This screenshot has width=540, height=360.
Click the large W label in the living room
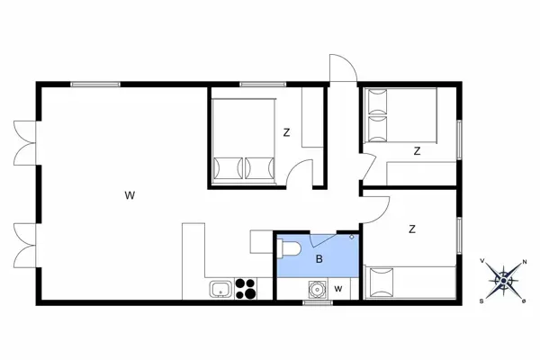coord(130,194)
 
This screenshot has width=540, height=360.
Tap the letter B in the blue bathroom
coord(319,259)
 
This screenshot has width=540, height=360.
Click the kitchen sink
coord(219,289)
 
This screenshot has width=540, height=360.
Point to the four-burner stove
coord(247,288)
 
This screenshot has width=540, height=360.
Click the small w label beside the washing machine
coord(337,289)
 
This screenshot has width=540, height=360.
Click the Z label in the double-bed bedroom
coord(286,133)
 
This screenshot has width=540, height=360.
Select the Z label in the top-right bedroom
coord(417,151)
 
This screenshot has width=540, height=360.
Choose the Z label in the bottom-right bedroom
coord(412,229)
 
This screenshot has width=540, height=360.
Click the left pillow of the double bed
coord(228,167)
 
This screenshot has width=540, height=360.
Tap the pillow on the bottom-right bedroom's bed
coord(382,283)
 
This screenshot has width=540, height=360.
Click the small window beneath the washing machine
coord(316,303)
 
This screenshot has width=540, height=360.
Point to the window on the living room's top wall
coord(95,84)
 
